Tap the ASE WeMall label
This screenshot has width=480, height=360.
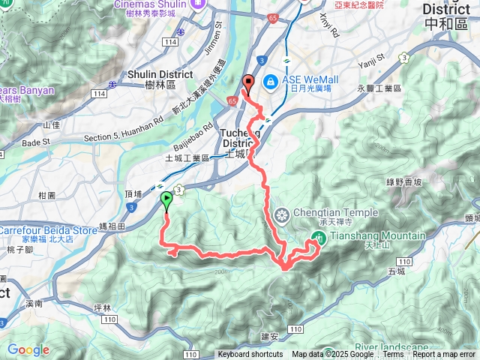tap(308, 78)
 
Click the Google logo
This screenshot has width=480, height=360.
tap(28, 349)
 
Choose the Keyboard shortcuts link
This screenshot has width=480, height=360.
tap(250, 355)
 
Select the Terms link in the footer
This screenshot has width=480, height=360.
tap(393, 355)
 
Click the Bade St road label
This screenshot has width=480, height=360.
tap(35, 141)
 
